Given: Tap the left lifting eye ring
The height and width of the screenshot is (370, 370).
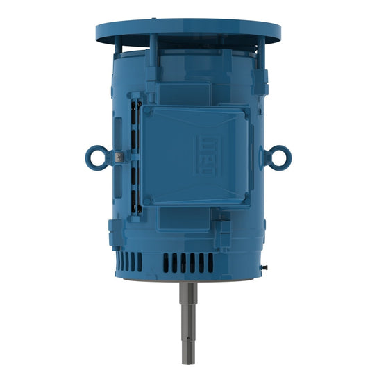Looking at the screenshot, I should coord(96,157).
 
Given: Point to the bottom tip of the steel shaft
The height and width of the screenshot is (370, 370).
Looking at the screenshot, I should coord(187,362).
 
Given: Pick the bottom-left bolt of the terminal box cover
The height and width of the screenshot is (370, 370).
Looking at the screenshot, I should coord(147,201).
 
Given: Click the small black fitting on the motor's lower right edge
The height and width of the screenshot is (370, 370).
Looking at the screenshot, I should coord(265,265).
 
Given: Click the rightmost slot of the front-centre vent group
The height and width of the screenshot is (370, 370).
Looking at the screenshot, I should coord(211,261).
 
